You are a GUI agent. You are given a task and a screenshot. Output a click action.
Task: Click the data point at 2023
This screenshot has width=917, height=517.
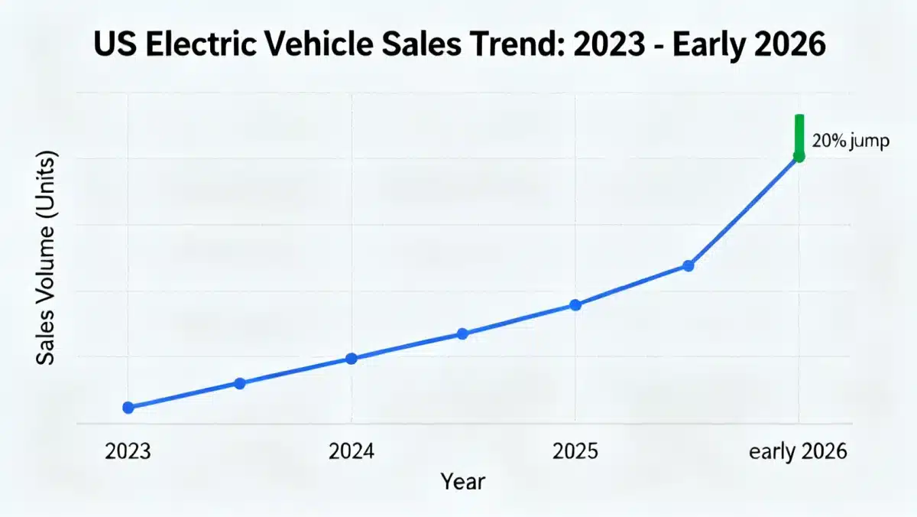click(128, 408)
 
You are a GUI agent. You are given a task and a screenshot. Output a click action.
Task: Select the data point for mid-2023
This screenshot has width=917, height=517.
click(239, 383)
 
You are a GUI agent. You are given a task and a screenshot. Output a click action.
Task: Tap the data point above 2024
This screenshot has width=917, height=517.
click(352, 359)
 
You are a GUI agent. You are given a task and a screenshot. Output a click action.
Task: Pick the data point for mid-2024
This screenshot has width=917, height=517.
click(462, 333)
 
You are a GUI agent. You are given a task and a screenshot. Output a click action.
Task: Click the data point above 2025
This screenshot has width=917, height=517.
click(576, 305)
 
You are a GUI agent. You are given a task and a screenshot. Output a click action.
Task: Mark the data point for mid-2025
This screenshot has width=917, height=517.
click(688, 265)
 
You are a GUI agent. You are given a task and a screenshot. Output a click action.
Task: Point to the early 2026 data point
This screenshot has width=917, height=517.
click(799, 157)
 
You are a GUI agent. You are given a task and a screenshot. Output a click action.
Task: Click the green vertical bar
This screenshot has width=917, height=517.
click(799, 134)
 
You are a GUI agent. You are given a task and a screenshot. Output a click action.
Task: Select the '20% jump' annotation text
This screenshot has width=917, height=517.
click(851, 142)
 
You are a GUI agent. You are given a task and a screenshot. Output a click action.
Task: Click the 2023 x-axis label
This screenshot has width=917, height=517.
click(128, 451)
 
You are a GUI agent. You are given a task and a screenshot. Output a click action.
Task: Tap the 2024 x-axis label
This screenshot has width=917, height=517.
click(352, 451)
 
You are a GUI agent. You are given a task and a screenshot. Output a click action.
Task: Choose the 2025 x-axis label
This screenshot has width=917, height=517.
click(575, 451)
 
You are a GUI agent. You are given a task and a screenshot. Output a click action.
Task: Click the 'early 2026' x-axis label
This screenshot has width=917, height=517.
click(799, 451)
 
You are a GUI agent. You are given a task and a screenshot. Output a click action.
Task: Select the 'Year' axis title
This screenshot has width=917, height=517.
click(462, 482)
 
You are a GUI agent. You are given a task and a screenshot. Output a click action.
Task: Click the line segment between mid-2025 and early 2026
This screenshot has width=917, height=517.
click(744, 211)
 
